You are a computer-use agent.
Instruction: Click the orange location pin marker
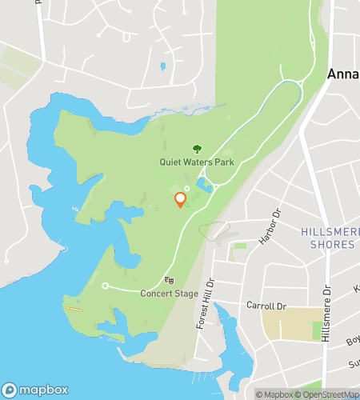click(180, 198)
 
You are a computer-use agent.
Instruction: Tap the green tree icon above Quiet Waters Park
click(197, 148)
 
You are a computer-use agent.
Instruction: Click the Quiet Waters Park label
click(197, 162)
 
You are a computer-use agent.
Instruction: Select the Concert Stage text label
click(169, 294)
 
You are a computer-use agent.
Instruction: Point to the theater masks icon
click(169, 280)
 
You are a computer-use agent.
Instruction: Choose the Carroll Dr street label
click(266, 306)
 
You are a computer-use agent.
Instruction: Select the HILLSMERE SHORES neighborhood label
click(327, 238)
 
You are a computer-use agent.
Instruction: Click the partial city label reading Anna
click(342, 74)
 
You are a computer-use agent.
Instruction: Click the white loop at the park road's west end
click(105, 285)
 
